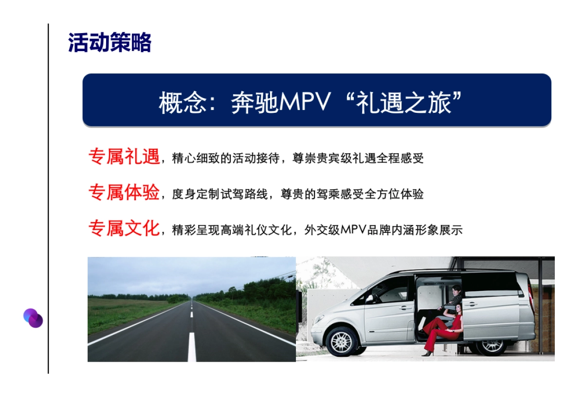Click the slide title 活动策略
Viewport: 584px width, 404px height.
109,43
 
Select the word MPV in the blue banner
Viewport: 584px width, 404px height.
304,103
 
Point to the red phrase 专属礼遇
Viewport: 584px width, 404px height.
124,157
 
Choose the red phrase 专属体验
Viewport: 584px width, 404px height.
124,193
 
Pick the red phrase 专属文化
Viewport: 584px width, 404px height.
124,228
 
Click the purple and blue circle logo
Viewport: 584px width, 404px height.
33,318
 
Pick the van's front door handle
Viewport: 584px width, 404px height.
405,307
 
